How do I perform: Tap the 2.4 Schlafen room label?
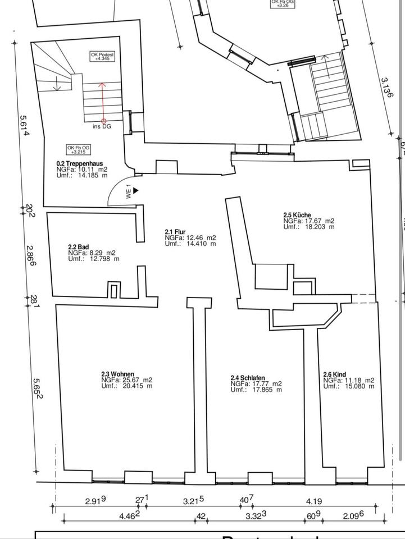(x=248, y=378)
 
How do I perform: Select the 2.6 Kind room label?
(x=334, y=374)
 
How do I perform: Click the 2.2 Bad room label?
(x=79, y=246)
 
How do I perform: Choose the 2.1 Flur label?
(x=175, y=231)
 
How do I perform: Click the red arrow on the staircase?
(x=103, y=101)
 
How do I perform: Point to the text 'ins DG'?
(x=102, y=127)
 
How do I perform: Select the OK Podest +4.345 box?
(x=102, y=56)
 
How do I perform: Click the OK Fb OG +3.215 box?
(x=78, y=149)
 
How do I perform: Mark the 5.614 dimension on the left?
(x=24, y=128)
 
